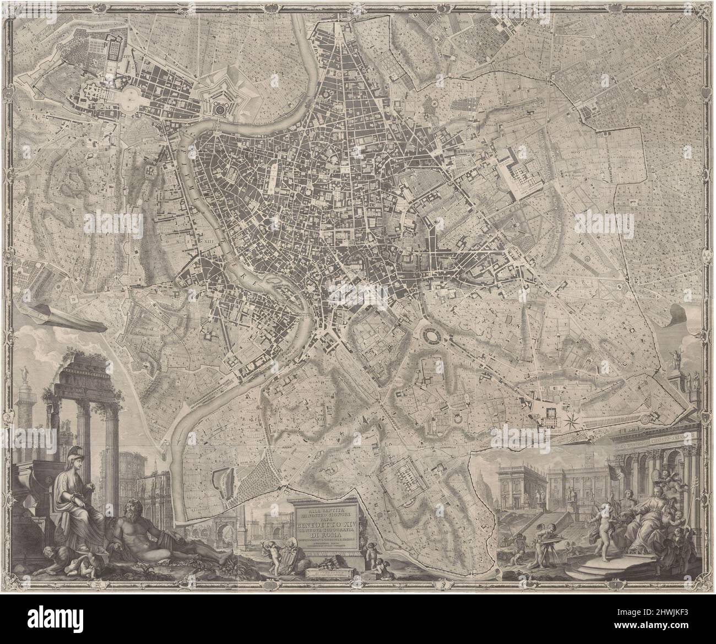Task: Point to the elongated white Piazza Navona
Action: (272, 175)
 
